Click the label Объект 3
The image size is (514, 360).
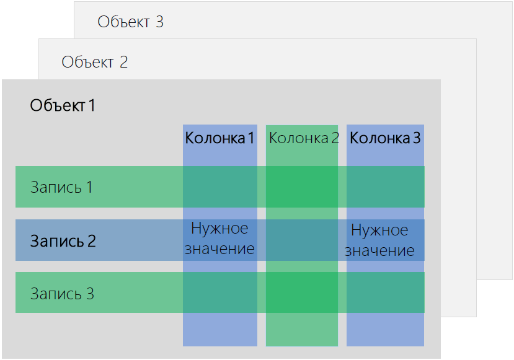130,22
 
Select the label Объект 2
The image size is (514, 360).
94,62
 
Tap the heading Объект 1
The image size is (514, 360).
63,105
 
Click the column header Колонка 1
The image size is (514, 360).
219,138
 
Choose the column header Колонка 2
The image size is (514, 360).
304,138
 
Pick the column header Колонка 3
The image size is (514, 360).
385,138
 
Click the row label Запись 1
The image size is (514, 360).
61,187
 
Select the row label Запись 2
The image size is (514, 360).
63,241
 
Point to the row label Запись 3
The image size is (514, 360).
62,294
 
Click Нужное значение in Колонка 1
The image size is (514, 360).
219,238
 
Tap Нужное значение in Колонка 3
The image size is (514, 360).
379,240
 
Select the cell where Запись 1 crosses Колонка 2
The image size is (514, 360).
302,187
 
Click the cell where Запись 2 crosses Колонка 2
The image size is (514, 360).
302,240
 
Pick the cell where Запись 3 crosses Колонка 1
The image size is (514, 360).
220,292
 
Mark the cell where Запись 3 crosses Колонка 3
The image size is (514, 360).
386,292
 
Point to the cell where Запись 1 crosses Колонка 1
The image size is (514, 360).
220,187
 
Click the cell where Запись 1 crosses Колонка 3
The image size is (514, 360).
386,187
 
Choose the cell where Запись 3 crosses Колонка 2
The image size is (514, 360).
302,292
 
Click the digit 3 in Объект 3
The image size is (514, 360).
159,22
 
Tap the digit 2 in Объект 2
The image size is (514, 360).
123,62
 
